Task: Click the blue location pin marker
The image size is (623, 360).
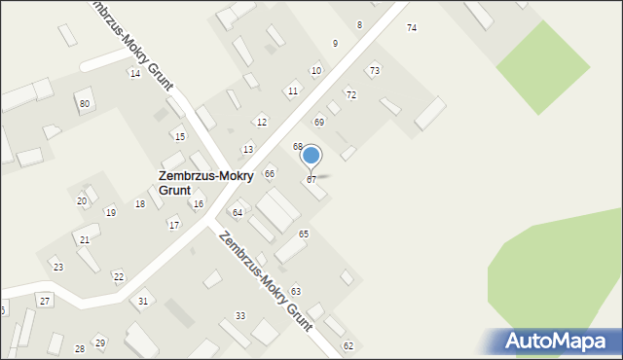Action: (x=311, y=156)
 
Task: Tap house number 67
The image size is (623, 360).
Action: (x=311, y=180)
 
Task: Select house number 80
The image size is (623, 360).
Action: (x=85, y=103)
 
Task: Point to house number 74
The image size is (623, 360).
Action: (x=412, y=28)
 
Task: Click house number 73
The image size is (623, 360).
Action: (x=374, y=71)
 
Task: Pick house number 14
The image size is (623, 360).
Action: (x=134, y=74)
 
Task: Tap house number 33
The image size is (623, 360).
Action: (x=240, y=316)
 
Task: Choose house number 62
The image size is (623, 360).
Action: (x=348, y=346)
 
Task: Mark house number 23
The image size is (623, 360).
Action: (x=57, y=267)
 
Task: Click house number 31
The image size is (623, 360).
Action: (x=143, y=302)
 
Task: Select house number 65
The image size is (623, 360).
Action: (x=304, y=234)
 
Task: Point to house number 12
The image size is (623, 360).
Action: (x=261, y=122)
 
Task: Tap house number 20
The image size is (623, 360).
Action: (x=82, y=201)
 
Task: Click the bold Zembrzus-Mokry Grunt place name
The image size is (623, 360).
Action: (x=205, y=183)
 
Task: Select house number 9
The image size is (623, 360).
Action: (x=335, y=44)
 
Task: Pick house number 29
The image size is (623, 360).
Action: (x=99, y=342)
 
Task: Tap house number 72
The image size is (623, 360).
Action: (x=350, y=95)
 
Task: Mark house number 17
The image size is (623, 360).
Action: (x=173, y=225)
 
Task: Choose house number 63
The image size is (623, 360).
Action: (x=295, y=292)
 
